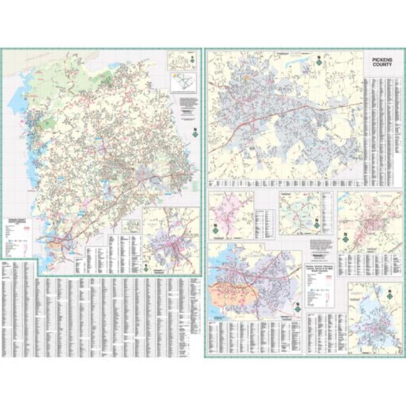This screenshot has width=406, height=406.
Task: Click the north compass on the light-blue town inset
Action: point(389,294)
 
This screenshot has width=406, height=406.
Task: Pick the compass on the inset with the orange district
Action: point(297,308)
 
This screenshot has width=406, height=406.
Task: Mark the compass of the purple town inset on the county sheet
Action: point(145,266)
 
